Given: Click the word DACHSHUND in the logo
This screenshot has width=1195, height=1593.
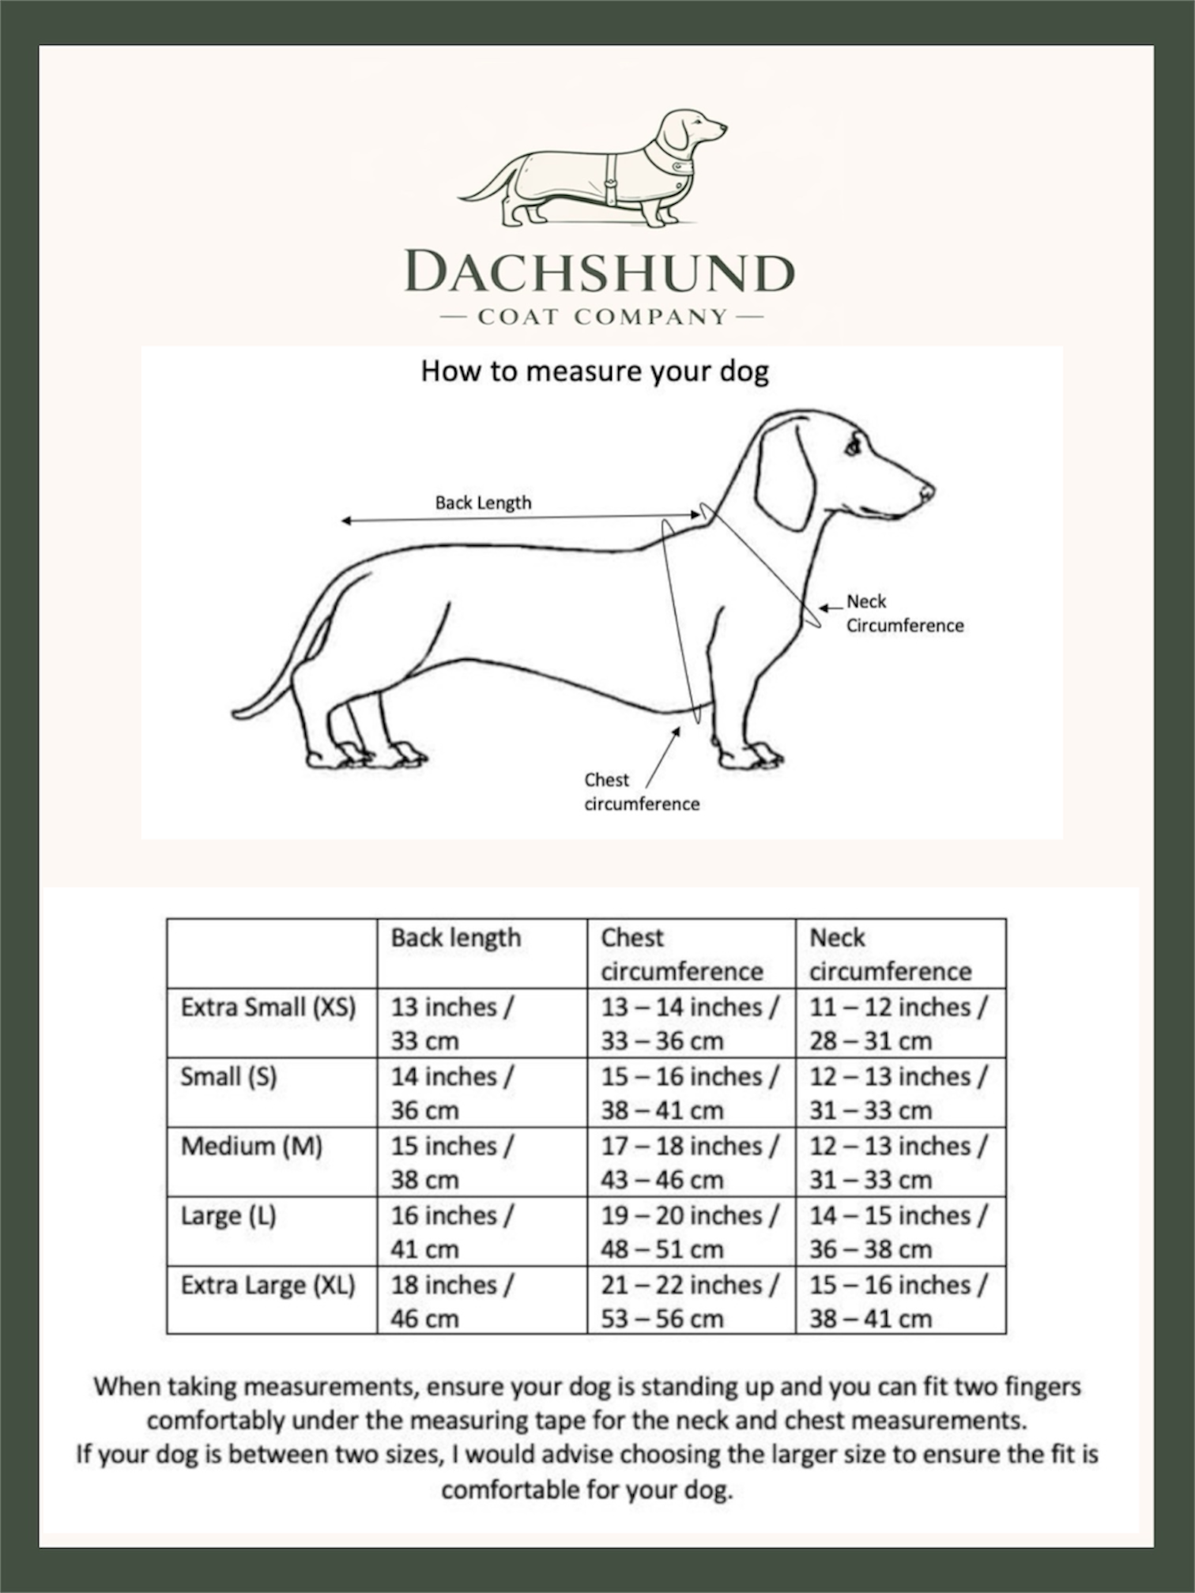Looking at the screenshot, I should click(598, 273).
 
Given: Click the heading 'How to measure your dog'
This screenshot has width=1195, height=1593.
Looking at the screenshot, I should click(594, 371).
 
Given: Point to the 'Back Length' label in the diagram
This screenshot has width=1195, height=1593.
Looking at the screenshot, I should click(483, 503).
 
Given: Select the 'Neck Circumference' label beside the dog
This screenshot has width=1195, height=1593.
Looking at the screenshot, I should click(904, 613).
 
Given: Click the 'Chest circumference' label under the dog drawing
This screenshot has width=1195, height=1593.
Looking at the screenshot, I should click(641, 792).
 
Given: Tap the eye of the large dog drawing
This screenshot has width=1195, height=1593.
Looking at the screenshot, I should click(853, 448).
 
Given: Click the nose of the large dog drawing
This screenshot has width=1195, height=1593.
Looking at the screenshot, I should click(928, 493).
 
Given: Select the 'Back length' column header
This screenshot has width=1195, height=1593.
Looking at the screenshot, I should click(456, 938).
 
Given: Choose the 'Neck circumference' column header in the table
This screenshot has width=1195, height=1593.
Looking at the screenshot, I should click(890, 954).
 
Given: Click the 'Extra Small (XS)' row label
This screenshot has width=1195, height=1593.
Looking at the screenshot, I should click(268, 1007).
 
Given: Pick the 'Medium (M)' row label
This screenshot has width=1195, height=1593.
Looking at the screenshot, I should click(251, 1146).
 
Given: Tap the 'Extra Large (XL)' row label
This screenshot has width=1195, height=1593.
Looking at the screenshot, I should click(268, 1286).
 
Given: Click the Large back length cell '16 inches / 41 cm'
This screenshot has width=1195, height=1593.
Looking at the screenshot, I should click(451, 1232).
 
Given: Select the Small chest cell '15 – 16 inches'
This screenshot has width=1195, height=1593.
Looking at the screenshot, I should click(689, 1077).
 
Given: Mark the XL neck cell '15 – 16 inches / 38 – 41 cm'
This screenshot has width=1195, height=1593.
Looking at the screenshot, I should click(898, 1301).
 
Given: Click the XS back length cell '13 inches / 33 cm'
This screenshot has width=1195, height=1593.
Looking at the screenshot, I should click(451, 1023).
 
